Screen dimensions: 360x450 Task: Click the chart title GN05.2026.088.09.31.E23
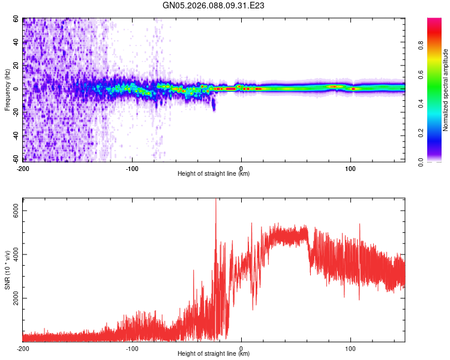pos(214,5)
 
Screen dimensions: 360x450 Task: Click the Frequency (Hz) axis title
pos(8,89)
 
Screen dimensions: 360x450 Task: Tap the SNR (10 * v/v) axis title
pos(8,270)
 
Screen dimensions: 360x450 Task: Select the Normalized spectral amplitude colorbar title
pos(446,90)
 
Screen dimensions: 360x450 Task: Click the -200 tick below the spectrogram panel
pos(23,168)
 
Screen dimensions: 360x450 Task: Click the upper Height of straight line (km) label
pos(214,174)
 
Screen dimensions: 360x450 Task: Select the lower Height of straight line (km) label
pos(214,355)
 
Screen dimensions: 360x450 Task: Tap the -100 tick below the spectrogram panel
pos(131,168)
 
